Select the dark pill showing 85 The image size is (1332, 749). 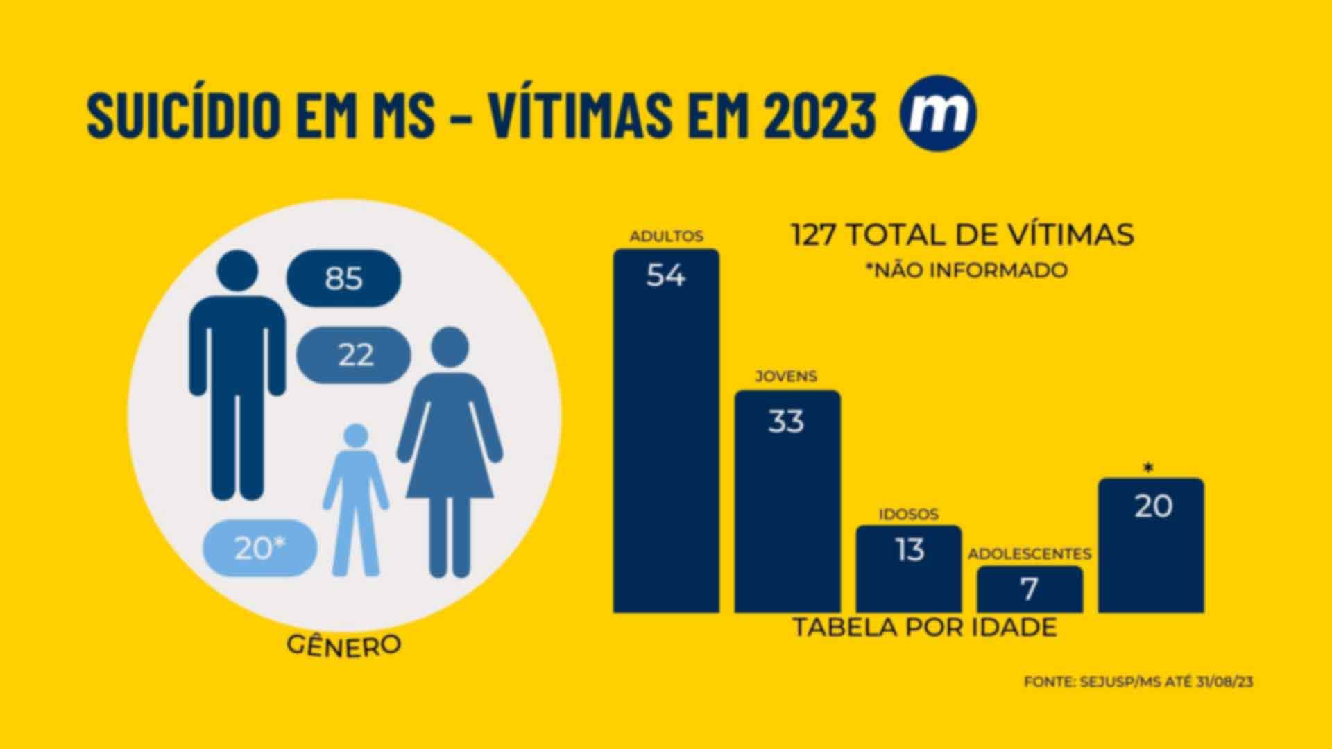coord(343,279)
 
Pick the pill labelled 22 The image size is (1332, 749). coord(354,355)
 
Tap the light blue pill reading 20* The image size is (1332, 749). coord(259,549)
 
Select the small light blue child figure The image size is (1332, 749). coord(356,499)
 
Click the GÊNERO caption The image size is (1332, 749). coord(344,644)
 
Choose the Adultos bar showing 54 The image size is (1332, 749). coord(666,430)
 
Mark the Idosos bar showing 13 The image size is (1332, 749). coord(909,569)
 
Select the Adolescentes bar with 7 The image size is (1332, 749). coord(1030,589)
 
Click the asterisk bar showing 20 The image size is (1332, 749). coord(1152,544)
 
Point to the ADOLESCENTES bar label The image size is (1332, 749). coord(1030,554)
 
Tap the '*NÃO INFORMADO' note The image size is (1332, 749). coord(966,270)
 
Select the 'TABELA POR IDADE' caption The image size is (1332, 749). coord(925,627)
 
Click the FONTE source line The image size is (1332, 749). coord(1138,682)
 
